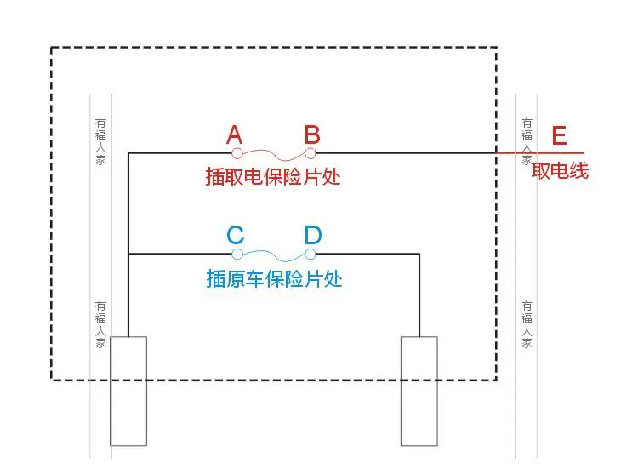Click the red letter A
coord(235,134)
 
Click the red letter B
coord(312,134)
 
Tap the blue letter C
coord(236,236)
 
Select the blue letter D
coord(313,236)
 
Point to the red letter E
coord(559,136)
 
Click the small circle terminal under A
coord(237,153)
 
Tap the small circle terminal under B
coord(311,153)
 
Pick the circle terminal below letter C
coord(237,254)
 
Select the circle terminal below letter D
coord(311,254)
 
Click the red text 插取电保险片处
coord(272,177)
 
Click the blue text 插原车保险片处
coord(274,278)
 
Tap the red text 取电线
coord(560,171)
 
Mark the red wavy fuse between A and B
coord(274,155)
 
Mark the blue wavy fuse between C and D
coord(274,255)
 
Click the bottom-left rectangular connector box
coord(128,391)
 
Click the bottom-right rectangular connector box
coord(419,391)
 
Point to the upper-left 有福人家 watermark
coord(101,141)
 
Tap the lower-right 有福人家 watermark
coord(527,323)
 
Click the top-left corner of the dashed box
coord(52,48)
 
